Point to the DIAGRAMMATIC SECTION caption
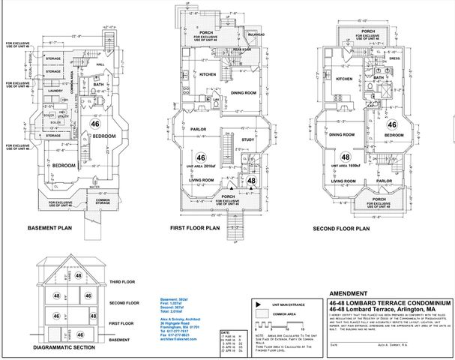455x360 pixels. (68, 349)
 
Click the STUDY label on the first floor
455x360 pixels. (249, 139)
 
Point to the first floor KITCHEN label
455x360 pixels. (208, 73)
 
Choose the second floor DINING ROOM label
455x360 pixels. (341, 134)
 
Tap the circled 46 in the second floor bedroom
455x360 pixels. (391, 125)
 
